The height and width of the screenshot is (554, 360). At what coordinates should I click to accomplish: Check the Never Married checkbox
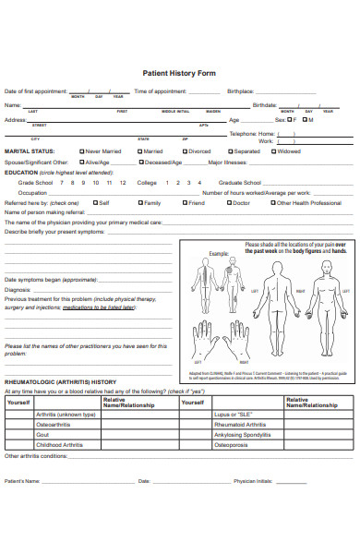coord(82,151)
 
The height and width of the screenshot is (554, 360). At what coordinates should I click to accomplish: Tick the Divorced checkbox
coord(183,151)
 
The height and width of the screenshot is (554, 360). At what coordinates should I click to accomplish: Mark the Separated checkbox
coord(228,151)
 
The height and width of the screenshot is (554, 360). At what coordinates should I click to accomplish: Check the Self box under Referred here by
coord(93,202)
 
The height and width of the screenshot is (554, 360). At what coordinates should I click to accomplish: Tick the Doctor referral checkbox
coord(228,202)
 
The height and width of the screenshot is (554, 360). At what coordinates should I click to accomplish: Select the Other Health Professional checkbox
coord(272,202)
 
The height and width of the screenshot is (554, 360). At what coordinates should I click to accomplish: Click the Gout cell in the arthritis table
coord(42,434)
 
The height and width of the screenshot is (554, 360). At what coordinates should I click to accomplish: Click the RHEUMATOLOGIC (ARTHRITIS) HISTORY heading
coord(59,381)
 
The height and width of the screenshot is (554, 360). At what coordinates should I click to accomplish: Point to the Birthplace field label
coord(240,91)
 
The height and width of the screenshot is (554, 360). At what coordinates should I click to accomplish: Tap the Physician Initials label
coord(254,481)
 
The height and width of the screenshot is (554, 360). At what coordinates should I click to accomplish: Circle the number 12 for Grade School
coord(109,182)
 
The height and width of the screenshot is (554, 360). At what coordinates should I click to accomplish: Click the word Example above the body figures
coord(218,252)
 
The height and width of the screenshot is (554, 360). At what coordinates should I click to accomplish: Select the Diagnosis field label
coord(19,289)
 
